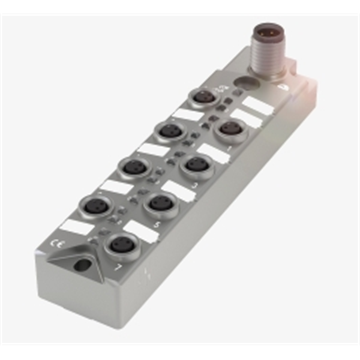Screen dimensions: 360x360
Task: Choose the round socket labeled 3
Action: [196, 164]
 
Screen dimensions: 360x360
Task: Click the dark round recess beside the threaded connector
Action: [243, 82]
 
